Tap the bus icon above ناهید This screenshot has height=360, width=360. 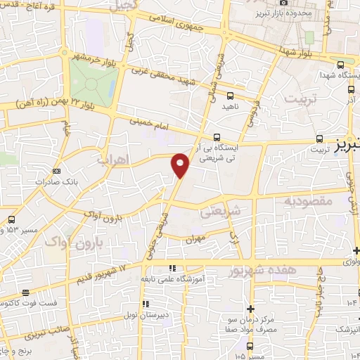[230, 96]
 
